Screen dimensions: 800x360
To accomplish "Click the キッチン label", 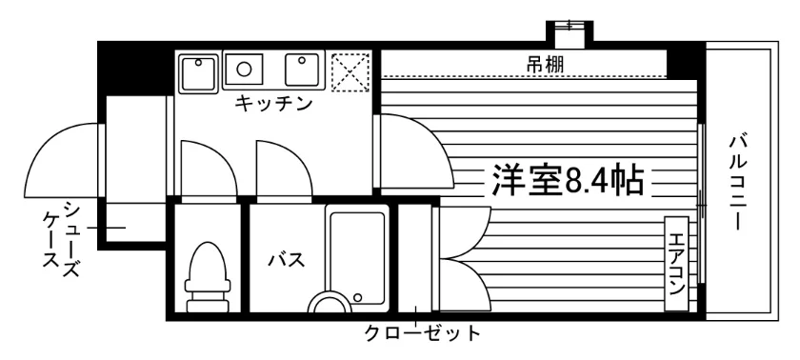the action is [273, 104].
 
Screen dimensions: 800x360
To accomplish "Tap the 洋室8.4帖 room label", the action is [567, 179].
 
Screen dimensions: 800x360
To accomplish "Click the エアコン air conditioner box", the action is [676, 264].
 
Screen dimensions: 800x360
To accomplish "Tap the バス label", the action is [287, 260].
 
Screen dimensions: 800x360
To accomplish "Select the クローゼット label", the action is [422, 334].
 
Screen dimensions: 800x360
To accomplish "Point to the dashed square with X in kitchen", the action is [350, 71].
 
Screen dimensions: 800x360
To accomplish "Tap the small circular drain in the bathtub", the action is [358, 297].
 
